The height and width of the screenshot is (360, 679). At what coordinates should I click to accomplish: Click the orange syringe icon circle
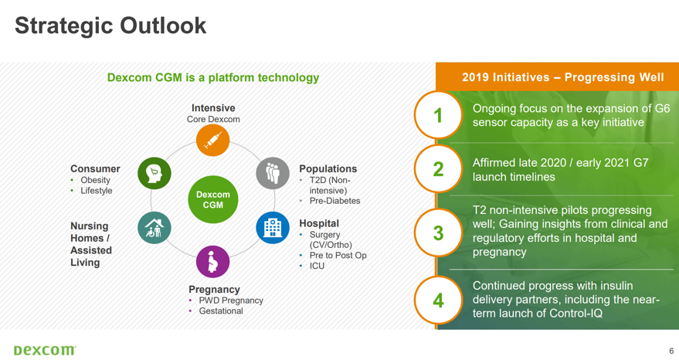(212, 141)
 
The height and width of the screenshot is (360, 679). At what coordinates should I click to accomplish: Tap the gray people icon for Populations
(273, 173)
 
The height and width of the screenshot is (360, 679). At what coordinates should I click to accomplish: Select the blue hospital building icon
(273, 228)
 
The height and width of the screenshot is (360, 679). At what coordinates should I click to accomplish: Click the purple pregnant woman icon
(212, 262)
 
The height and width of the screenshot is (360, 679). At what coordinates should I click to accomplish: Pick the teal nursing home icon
(154, 228)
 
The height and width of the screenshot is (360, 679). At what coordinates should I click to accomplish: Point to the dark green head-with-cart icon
(154, 173)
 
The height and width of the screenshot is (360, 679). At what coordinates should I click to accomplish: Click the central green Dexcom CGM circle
(212, 200)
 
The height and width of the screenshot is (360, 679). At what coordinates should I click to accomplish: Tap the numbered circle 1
(438, 115)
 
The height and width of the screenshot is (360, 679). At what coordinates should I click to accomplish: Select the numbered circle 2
(438, 169)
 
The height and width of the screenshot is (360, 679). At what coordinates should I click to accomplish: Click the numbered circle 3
(438, 233)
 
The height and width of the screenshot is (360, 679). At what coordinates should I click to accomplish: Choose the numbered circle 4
(438, 301)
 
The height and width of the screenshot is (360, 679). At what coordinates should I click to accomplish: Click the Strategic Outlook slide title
(111, 25)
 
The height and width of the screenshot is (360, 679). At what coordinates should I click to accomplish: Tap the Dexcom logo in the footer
(45, 350)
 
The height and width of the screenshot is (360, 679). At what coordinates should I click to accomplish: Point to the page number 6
(671, 351)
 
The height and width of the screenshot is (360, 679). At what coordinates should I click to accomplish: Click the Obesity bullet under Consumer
(95, 180)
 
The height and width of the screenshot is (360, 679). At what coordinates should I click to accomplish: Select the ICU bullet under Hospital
(317, 266)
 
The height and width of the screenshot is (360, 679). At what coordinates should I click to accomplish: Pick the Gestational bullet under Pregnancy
(221, 311)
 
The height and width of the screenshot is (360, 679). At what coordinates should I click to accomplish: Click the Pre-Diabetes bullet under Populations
(334, 201)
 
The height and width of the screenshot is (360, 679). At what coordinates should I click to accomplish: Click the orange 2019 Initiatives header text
(562, 77)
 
